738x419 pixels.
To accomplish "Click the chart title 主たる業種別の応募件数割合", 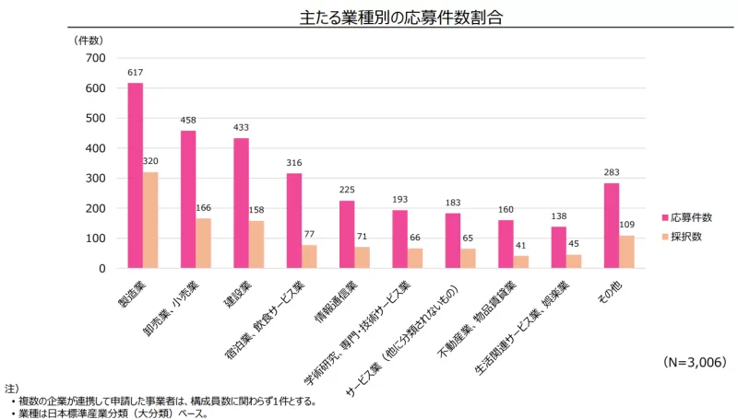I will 368,17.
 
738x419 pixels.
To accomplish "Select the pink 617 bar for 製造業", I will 136,175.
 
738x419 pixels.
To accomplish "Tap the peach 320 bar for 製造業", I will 150,220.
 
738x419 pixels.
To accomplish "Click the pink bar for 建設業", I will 242,203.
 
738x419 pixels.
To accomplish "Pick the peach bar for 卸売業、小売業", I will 204,243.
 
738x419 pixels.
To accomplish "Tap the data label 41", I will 522,247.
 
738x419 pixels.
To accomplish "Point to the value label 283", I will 612,174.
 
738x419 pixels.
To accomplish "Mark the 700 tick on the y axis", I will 95,58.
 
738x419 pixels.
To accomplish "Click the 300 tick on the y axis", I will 95,178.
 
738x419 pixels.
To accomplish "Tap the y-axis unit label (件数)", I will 89,41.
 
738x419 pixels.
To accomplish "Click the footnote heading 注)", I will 11,390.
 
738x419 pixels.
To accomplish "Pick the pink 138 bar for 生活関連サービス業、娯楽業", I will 558,247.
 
